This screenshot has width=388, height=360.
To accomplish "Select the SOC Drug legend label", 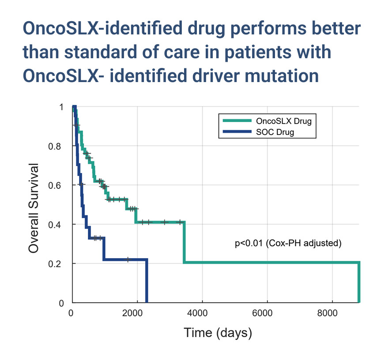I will (273, 131).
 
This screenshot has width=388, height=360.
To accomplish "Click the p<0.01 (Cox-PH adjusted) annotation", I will (288, 243).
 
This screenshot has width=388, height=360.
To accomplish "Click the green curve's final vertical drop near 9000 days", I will (359, 282).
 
